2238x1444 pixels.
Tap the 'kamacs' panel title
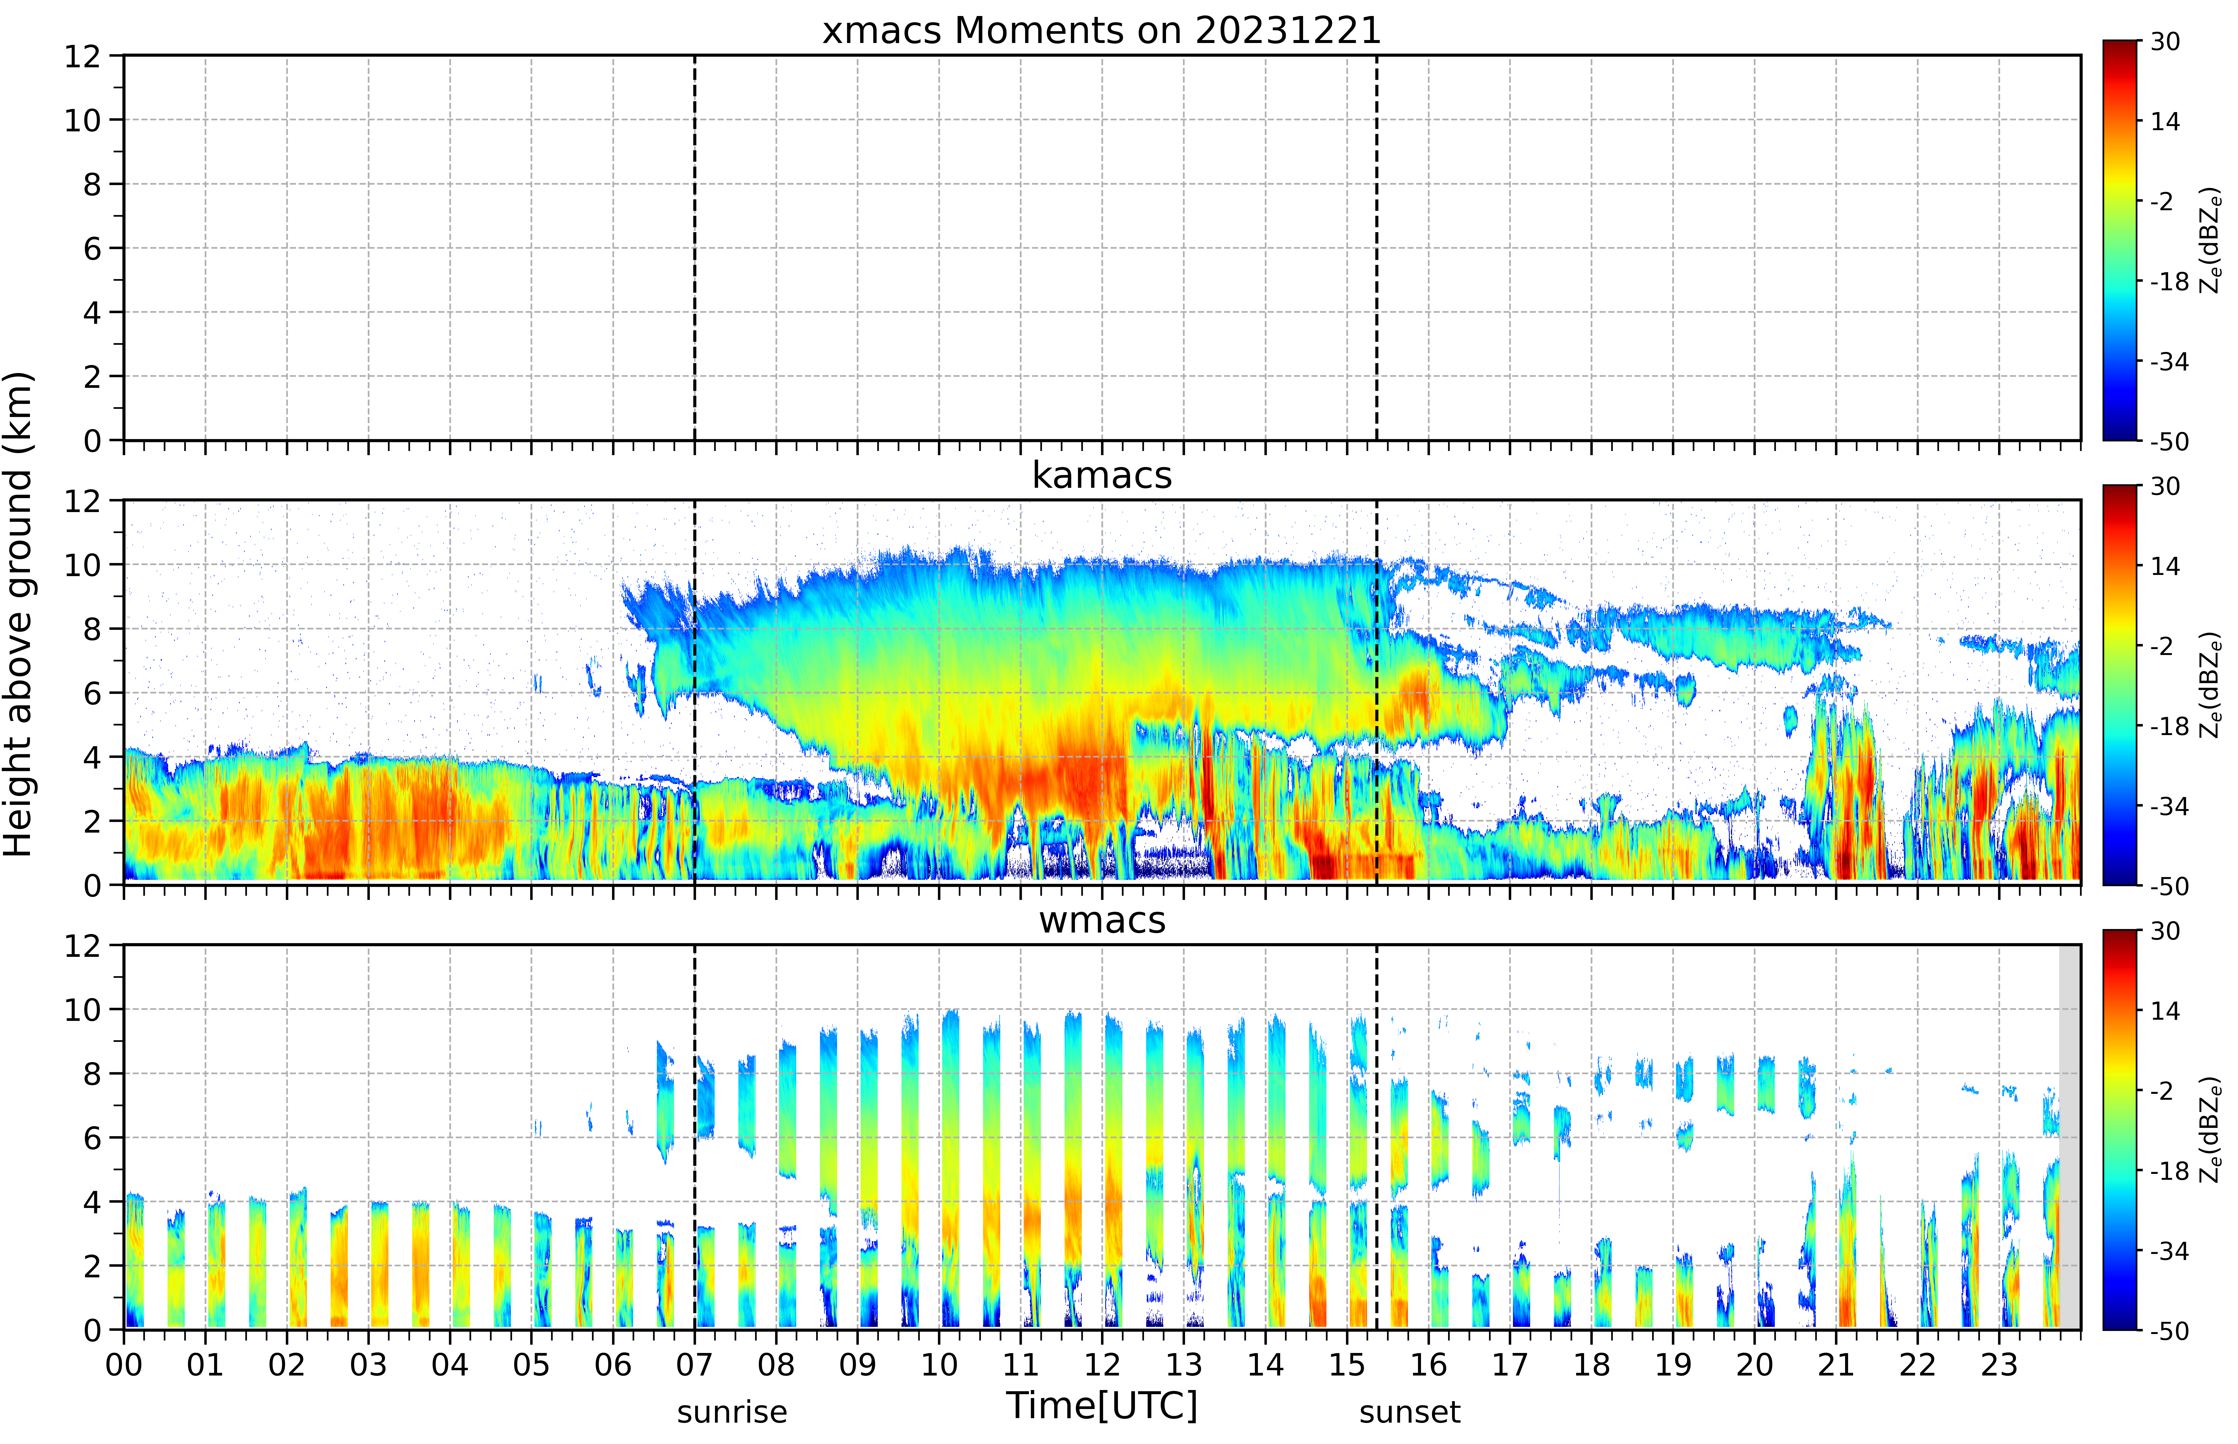tap(1102, 475)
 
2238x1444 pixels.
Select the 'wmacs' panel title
tap(1102, 920)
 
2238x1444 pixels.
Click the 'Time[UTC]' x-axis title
tap(1102, 1405)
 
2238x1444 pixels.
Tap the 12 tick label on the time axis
tap(1102, 1364)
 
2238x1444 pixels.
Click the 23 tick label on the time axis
tap(1999, 1364)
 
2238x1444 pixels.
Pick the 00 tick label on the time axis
tap(124, 1364)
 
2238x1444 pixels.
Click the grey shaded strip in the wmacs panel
tap(2069, 1137)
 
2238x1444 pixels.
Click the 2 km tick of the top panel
tap(92, 377)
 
